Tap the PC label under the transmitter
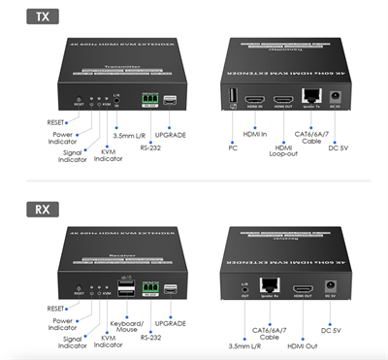point(233,148)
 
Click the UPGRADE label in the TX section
point(170,135)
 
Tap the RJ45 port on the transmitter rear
point(312,100)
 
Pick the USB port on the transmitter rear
point(233,98)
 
